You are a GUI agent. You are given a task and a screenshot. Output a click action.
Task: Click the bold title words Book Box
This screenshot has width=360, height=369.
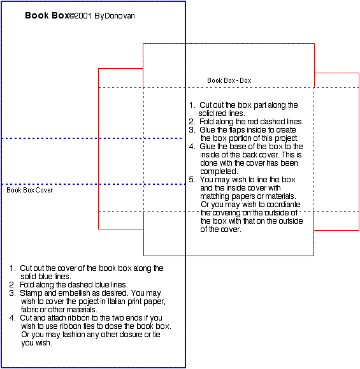47,15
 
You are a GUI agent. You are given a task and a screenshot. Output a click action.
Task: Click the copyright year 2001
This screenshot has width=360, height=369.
83,16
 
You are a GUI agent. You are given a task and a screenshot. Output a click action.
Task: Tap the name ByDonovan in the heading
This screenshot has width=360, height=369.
115,16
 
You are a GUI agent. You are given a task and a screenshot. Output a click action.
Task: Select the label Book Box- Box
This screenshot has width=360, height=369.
229,80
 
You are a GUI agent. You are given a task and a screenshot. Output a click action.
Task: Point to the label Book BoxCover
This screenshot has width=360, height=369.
30,190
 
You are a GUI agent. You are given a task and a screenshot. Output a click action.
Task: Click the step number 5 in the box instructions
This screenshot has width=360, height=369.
192,180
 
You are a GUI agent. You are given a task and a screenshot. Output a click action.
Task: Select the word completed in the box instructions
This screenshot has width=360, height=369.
219,171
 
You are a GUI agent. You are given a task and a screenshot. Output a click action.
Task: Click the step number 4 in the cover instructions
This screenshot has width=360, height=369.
12,318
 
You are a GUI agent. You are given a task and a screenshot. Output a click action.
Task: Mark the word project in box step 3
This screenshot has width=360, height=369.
287,138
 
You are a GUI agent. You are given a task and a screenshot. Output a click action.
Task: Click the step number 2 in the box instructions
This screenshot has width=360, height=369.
192,122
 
